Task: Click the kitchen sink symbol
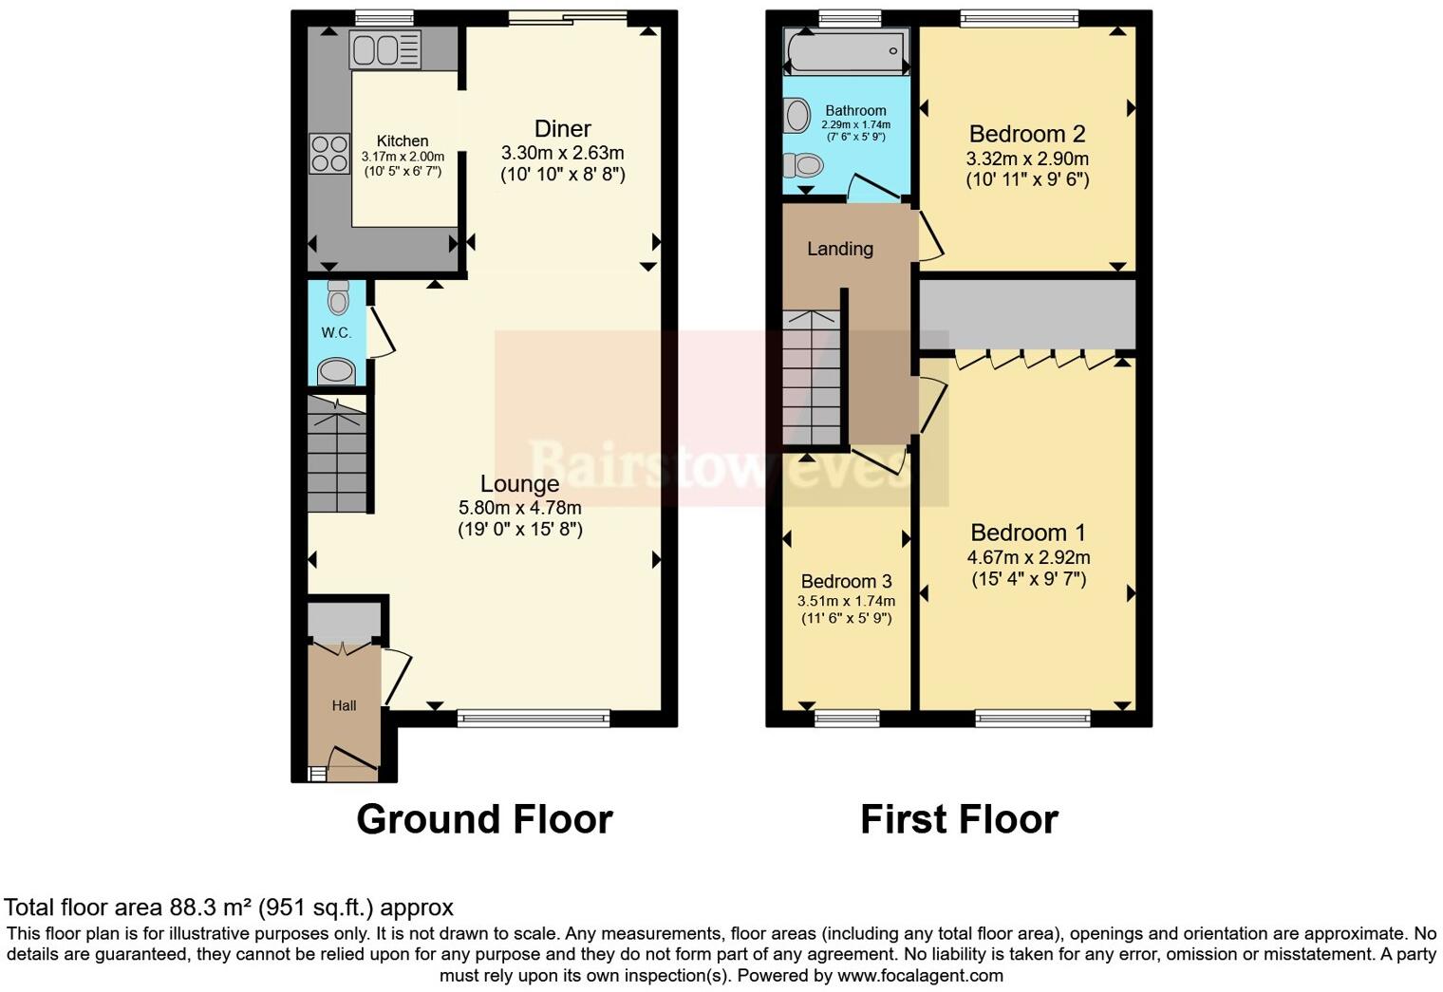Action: pyautogui.click(x=384, y=49)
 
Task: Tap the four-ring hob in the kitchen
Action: pyautogui.click(x=328, y=154)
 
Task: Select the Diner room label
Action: pyautogui.click(x=563, y=129)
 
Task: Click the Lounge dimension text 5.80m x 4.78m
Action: pyautogui.click(x=519, y=508)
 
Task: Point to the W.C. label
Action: pyautogui.click(x=336, y=332)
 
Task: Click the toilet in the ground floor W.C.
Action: pyautogui.click(x=337, y=297)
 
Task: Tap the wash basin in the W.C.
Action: pyautogui.click(x=336, y=370)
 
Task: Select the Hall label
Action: pyautogui.click(x=344, y=705)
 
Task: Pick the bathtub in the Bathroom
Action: pyautogui.click(x=845, y=51)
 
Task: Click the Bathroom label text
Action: pyautogui.click(x=855, y=111)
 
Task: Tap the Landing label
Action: pyautogui.click(x=840, y=249)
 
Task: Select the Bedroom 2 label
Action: pyautogui.click(x=1027, y=134)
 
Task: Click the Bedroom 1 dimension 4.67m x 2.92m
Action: pyautogui.click(x=1028, y=558)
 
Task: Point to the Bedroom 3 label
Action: pyautogui.click(x=846, y=581)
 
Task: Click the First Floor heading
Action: pyautogui.click(x=959, y=819)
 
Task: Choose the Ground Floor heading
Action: pyautogui.click(x=484, y=819)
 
